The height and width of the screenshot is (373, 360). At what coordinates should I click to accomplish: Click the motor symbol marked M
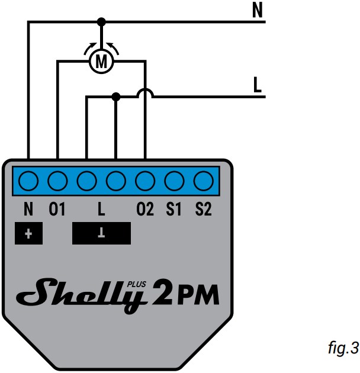[101, 60]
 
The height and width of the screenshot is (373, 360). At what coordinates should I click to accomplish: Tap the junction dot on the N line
[101, 21]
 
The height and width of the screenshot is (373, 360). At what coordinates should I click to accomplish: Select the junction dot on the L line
[116, 96]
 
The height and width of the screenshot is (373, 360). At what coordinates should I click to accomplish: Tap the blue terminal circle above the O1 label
[57, 180]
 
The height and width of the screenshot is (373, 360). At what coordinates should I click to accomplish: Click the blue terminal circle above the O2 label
[145, 180]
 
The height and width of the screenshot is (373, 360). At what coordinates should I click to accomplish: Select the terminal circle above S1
[174, 180]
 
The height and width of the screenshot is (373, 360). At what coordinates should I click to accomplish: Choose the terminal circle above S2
[203, 180]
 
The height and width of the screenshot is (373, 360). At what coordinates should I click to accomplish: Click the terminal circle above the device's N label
[28, 180]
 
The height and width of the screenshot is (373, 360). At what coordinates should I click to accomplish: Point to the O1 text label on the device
[57, 210]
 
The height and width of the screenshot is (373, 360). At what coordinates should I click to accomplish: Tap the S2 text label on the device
[203, 210]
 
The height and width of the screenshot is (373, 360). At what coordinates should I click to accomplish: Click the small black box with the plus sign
[29, 233]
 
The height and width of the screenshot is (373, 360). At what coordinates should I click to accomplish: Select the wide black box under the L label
[101, 233]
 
